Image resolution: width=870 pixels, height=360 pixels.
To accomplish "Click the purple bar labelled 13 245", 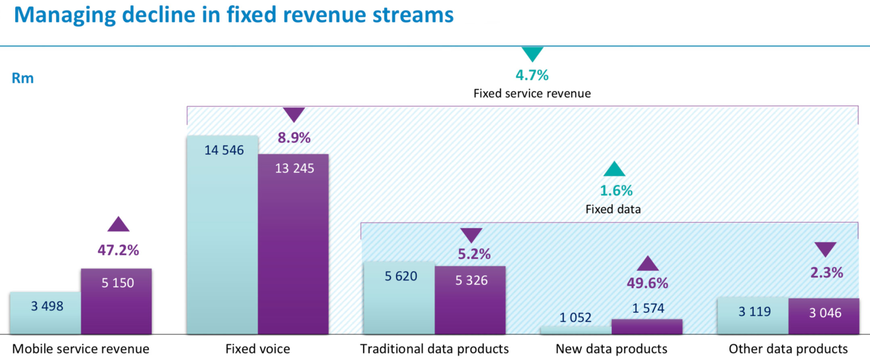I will (293, 244).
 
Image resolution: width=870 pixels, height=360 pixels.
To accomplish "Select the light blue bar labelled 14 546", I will (222, 235).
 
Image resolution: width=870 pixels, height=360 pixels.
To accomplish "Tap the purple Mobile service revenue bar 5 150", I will (116, 301).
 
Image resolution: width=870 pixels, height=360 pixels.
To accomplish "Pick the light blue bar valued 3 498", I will (46, 313).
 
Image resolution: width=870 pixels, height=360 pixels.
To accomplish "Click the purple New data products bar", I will (647, 327).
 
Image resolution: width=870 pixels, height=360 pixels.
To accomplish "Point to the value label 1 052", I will (575, 318).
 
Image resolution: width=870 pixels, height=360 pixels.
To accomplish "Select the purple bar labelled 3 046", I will (824, 316).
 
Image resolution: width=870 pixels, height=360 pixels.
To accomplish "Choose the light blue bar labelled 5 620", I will (399, 298).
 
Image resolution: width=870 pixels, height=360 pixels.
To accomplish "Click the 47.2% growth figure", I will (118, 250).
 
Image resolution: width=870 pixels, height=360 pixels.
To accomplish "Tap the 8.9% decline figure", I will (294, 138).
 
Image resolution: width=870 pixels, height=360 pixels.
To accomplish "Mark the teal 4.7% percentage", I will (532, 75).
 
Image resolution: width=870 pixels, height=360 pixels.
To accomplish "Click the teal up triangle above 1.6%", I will (614, 170).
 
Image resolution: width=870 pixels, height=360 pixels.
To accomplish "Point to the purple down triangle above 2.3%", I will (825, 249).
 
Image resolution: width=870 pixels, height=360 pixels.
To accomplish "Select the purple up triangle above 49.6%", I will (648, 264).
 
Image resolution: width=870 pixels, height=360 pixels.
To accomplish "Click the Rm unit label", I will (23, 78).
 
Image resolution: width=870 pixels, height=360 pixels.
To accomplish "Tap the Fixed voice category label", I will (257, 349).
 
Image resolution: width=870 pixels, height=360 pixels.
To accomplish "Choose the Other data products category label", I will (788, 349).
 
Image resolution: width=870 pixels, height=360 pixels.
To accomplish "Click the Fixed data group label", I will (613, 209).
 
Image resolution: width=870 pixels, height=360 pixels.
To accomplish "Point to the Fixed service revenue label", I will (532, 94).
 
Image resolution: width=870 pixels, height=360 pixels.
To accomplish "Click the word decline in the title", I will (171, 15).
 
